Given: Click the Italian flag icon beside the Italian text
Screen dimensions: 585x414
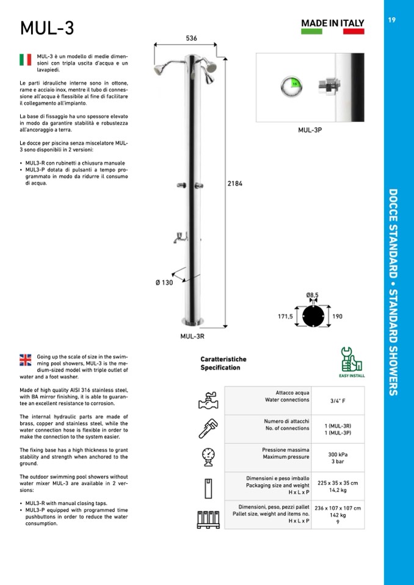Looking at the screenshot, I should (x=26, y=59).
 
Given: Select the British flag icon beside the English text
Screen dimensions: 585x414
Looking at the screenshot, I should (x=26, y=360).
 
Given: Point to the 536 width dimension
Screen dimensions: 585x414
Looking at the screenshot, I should (x=191, y=38).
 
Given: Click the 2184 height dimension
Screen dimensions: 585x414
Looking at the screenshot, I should (x=234, y=184).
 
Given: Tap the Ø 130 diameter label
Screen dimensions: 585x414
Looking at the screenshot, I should (x=164, y=282).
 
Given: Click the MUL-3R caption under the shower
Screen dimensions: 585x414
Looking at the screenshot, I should (x=192, y=336).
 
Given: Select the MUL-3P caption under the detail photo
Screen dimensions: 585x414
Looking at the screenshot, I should (x=310, y=130).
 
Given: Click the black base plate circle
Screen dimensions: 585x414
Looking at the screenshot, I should (x=313, y=317).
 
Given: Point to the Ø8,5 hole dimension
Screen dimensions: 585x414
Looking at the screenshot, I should (x=312, y=295).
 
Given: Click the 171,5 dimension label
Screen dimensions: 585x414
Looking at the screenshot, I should (x=286, y=317).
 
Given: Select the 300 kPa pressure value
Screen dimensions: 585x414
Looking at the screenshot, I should (x=338, y=454).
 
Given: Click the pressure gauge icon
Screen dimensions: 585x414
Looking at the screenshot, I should (x=208, y=456).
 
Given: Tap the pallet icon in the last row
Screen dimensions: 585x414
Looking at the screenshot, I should (x=208, y=517).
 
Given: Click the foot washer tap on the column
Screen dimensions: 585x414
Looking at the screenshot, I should (x=180, y=237).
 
